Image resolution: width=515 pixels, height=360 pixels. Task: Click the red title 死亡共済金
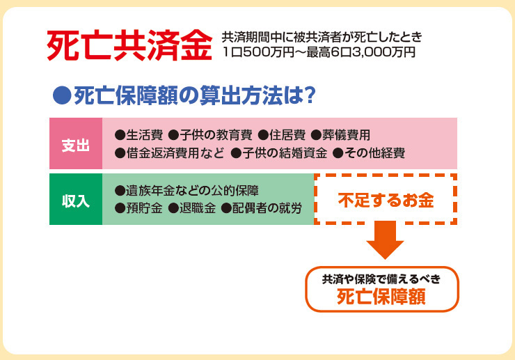(129, 45)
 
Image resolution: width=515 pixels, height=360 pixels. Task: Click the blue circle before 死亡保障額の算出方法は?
(62, 95)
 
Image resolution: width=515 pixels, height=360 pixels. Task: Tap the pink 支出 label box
(76, 143)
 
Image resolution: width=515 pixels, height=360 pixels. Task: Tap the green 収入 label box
(76, 199)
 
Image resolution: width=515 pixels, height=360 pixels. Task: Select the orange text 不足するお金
(386, 201)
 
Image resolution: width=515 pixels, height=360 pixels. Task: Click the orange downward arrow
(386, 240)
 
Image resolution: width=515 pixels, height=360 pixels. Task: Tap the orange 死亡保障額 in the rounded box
(381, 297)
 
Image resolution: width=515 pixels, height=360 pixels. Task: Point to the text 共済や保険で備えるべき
(381, 279)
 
